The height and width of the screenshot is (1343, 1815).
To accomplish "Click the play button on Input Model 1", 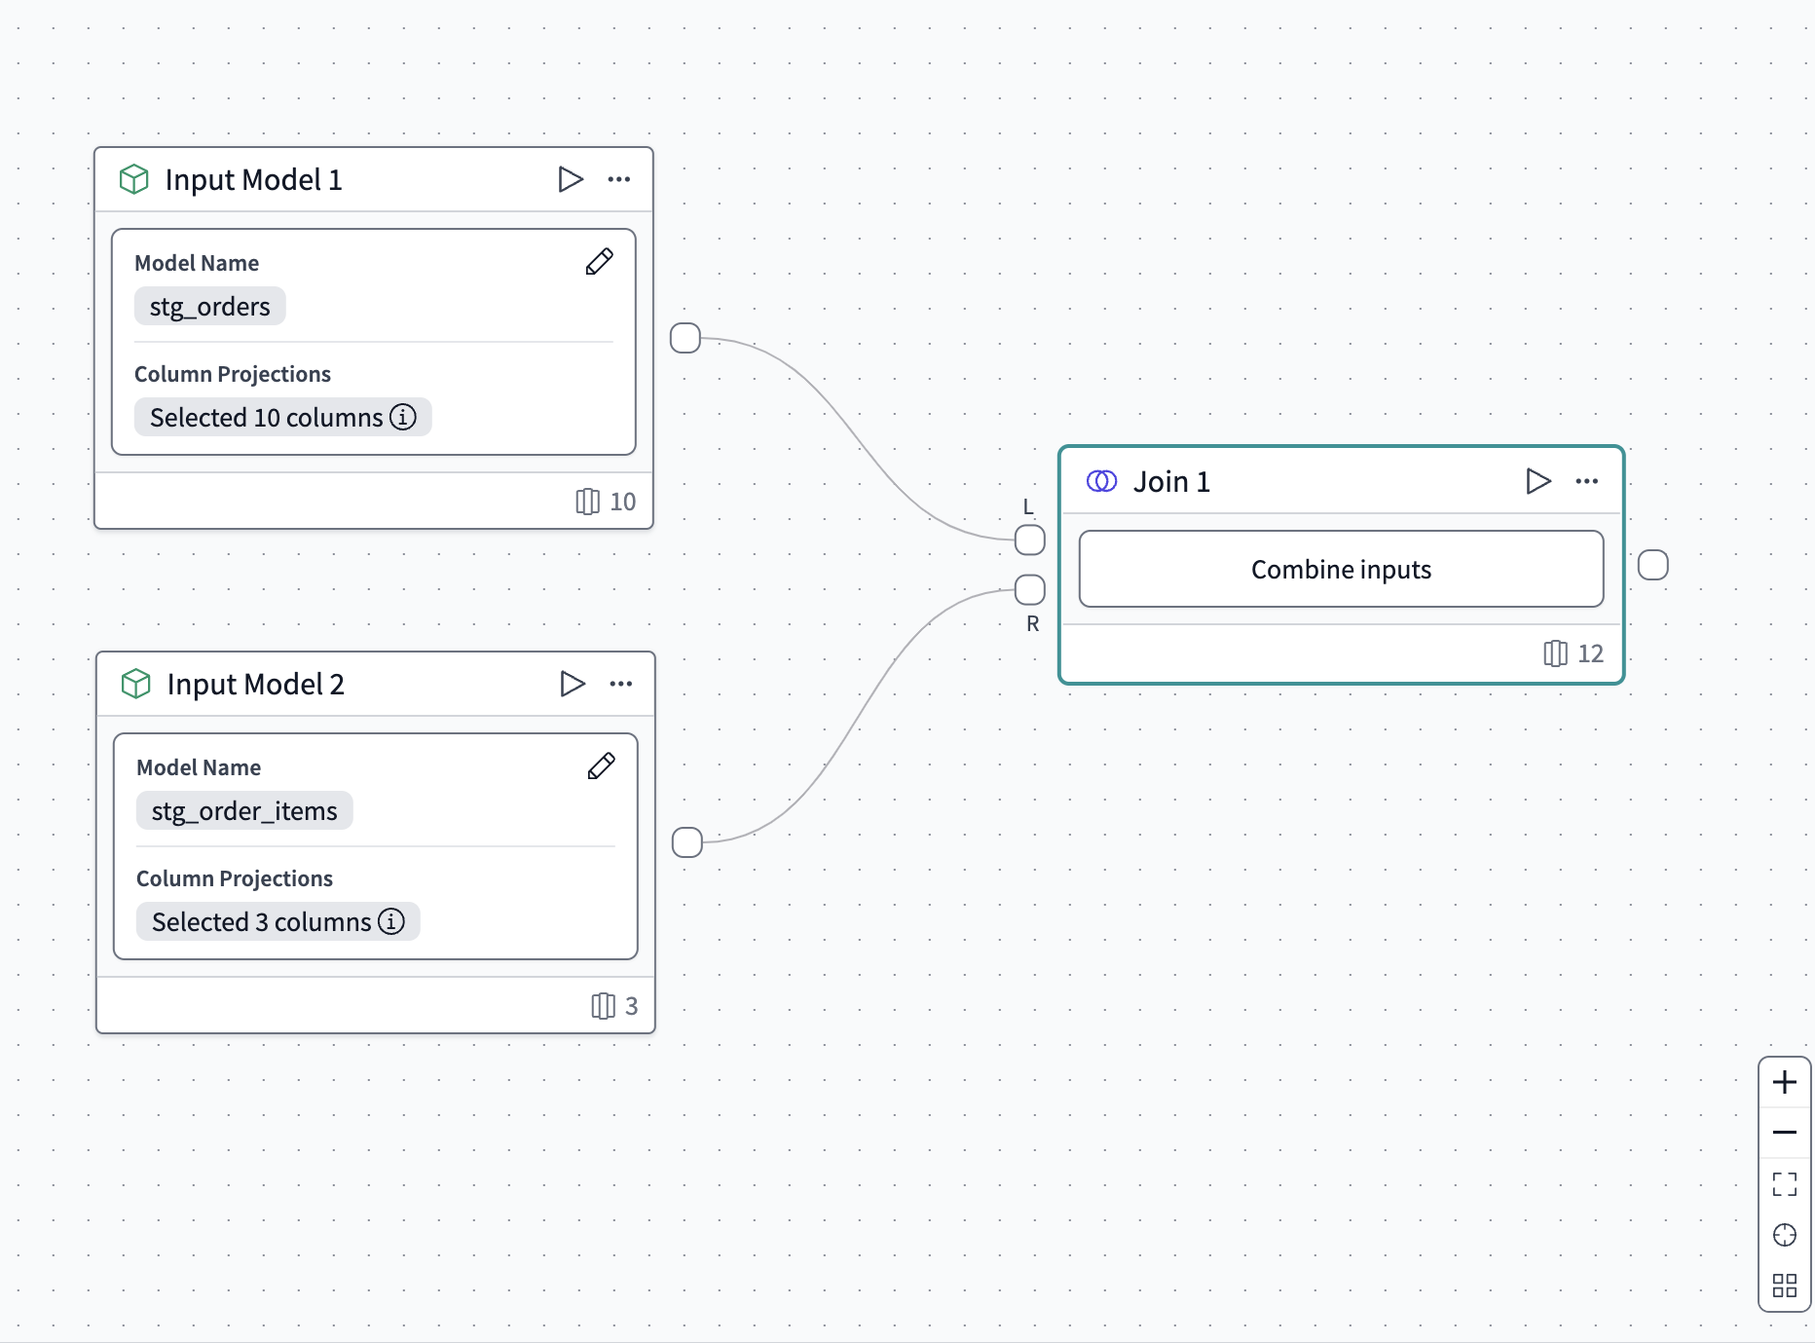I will coord(570,179).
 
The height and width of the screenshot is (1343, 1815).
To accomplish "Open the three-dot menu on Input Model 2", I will coord(620,684).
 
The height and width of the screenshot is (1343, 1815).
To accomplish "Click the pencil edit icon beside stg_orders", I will coord(599,262).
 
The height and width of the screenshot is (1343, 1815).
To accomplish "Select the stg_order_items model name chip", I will coord(244,810).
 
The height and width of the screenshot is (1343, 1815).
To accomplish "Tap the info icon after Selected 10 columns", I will coord(403,417).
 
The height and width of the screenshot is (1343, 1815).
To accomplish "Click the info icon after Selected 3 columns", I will coord(391,921).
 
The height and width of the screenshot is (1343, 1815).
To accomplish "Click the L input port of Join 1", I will coord(1029,540).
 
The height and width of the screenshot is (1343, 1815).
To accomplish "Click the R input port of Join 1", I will coord(1029,589).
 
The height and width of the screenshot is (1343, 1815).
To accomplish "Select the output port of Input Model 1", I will coord(685,338).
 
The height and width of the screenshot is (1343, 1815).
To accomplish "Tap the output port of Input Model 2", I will coord(687,842).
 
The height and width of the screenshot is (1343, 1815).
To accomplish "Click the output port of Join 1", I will coord(1652,565).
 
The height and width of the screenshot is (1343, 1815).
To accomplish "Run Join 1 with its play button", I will coord(1537,481).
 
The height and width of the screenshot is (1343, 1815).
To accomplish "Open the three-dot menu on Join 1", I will coord(1586,481).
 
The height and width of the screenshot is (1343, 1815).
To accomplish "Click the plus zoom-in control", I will coord(1784,1082).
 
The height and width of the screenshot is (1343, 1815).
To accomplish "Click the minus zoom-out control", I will coord(1784,1133).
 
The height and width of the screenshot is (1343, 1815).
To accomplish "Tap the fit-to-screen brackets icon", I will coord(1784,1184).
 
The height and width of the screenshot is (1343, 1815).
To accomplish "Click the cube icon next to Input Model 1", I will coord(134,179).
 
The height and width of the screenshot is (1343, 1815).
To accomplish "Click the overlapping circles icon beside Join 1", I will coord(1101,481).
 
